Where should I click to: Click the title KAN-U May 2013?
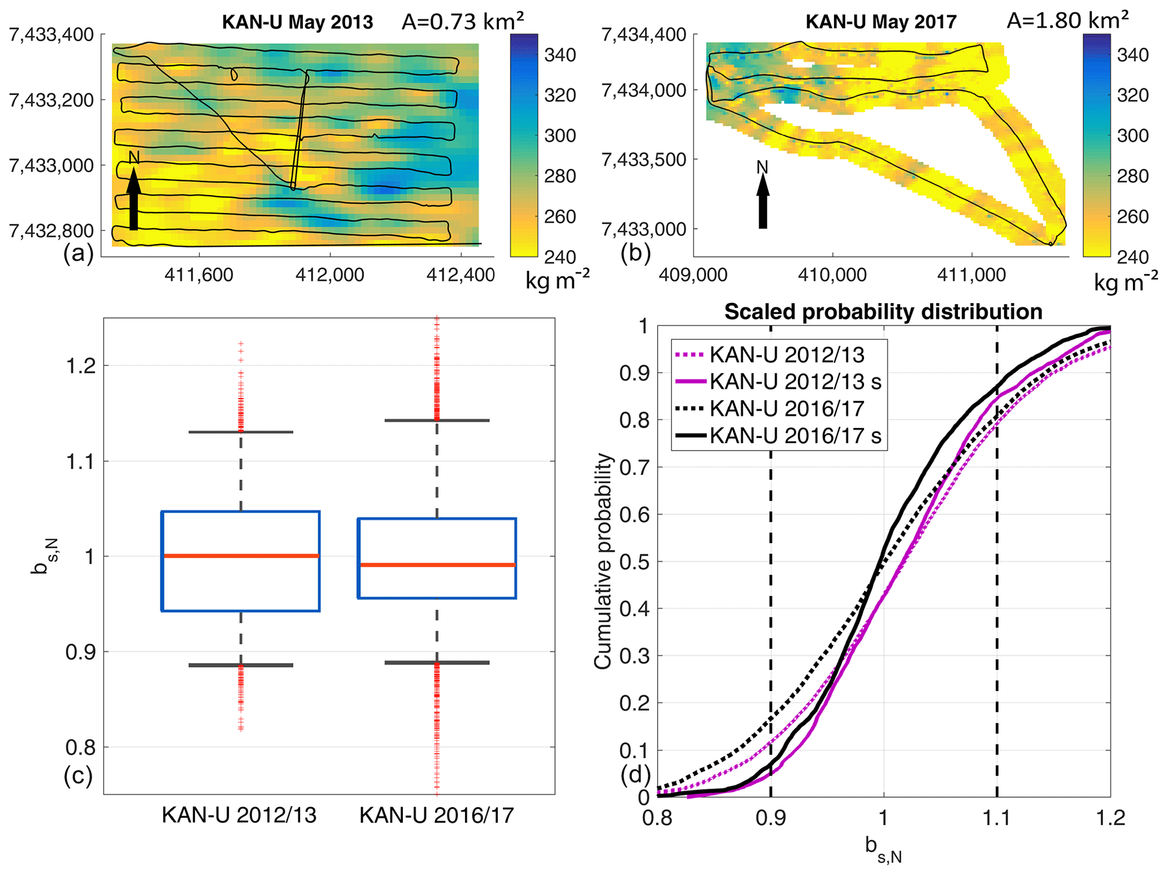coord(297,22)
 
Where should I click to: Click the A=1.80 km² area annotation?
coord(1067,20)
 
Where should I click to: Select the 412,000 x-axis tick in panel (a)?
coord(330,275)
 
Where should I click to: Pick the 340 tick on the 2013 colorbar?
coord(560,55)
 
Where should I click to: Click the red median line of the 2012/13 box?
coord(241,556)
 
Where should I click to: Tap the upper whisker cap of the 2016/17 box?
coord(437,421)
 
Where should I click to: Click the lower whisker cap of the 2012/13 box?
coord(241,665)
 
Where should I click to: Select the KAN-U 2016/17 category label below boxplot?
coord(437,816)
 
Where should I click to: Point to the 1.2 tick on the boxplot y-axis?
coord(80,366)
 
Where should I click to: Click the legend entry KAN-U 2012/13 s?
coord(795,382)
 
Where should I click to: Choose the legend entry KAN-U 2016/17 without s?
coord(787,409)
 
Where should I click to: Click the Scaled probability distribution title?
coord(883,312)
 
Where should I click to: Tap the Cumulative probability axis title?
coord(603,561)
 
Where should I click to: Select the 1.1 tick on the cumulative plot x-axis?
coord(997,818)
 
